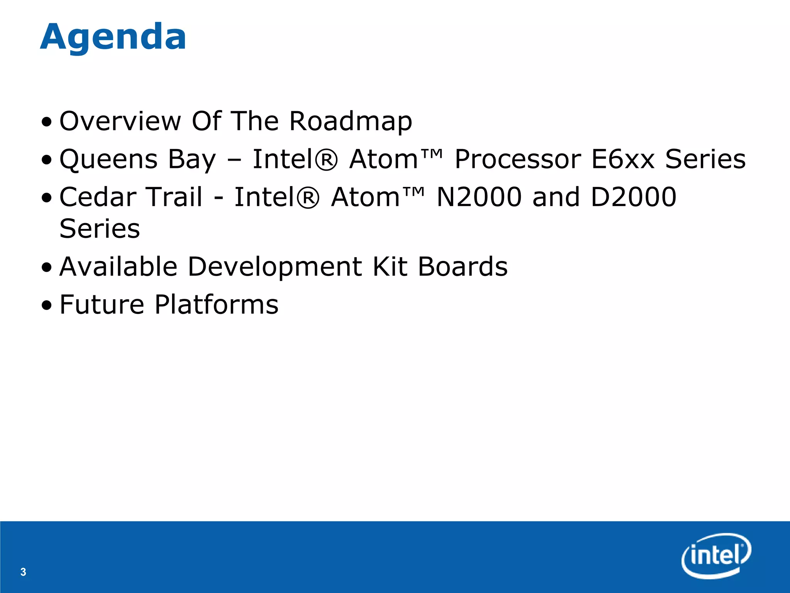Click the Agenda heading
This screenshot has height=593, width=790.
(x=113, y=37)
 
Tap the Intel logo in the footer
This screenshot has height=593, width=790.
(x=716, y=556)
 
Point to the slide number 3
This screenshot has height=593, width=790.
(x=23, y=572)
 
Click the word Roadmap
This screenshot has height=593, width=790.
(x=351, y=121)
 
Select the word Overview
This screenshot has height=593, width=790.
(x=120, y=121)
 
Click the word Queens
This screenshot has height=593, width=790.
(x=108, y=159)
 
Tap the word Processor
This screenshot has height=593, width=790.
(x=518, y=159)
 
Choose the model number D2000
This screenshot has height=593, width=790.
(x=633, y=197)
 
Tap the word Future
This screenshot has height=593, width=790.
(x=102, y=304)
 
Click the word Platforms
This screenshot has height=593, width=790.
(x=216, y=304)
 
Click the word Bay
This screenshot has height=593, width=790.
(x=192, y=159)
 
